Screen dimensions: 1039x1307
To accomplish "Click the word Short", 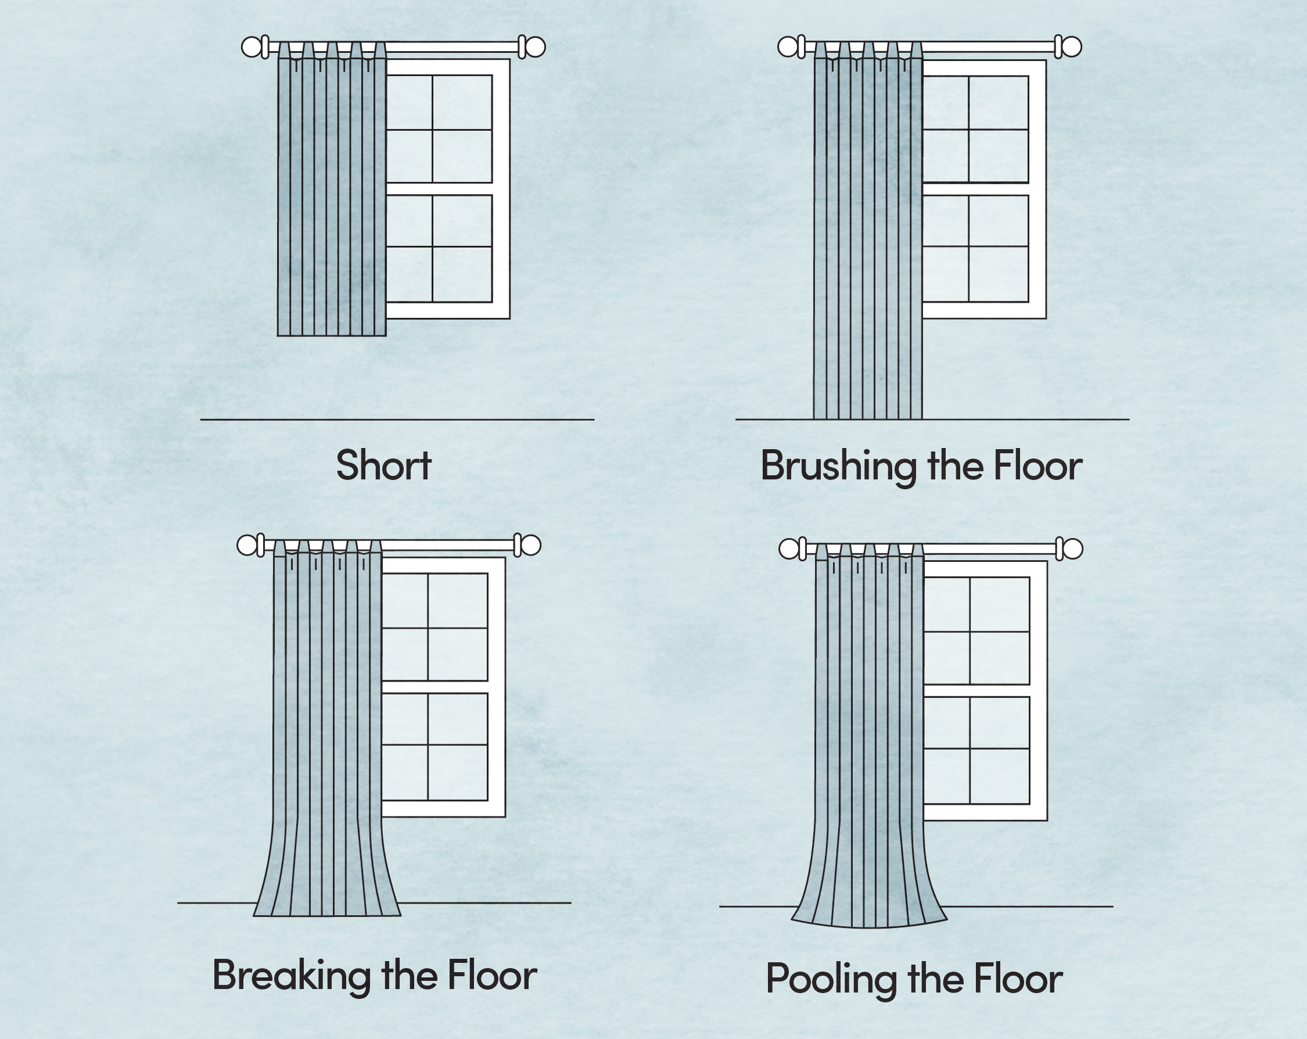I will (383, 466).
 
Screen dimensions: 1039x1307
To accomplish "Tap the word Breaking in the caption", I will (291, 975).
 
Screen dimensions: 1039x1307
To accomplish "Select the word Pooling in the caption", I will (831, 979).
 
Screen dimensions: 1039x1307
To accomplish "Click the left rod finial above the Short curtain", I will (251, 46).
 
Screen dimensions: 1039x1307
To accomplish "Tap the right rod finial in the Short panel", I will (535, 46).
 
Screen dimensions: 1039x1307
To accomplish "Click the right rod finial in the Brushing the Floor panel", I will (1072, 46).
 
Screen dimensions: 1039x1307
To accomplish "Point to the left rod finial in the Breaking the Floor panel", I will (246, 545).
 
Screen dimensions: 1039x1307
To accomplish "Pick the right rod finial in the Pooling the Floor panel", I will (1072, 549).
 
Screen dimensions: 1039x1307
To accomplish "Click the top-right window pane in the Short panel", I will (462, 102).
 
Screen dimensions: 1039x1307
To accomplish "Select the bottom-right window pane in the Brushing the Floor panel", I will (999, 274).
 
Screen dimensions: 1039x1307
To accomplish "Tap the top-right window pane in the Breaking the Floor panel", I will (458, 600).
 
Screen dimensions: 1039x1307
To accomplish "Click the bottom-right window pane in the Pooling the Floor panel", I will (999, 776).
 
